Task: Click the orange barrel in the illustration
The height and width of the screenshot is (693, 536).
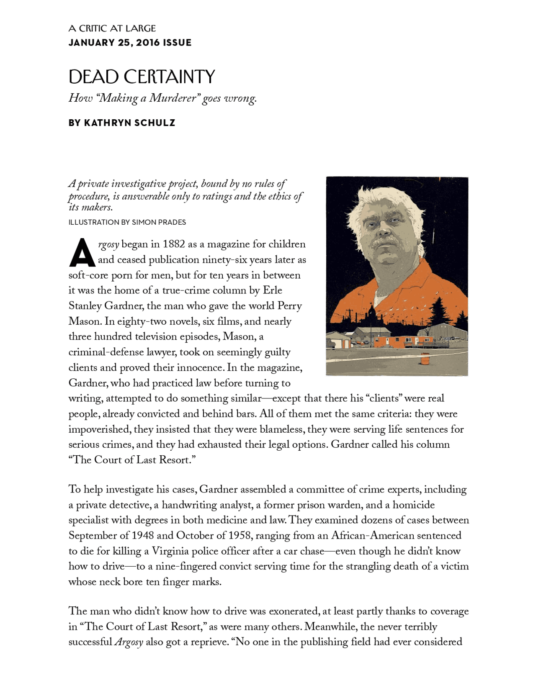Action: pos(425,359)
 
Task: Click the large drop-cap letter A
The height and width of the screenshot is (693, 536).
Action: pos(82,253)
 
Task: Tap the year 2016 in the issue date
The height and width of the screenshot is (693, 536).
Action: pos(147,43)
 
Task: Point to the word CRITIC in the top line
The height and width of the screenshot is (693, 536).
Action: pos(93,28)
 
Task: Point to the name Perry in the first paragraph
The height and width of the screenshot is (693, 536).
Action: pos(289,305)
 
